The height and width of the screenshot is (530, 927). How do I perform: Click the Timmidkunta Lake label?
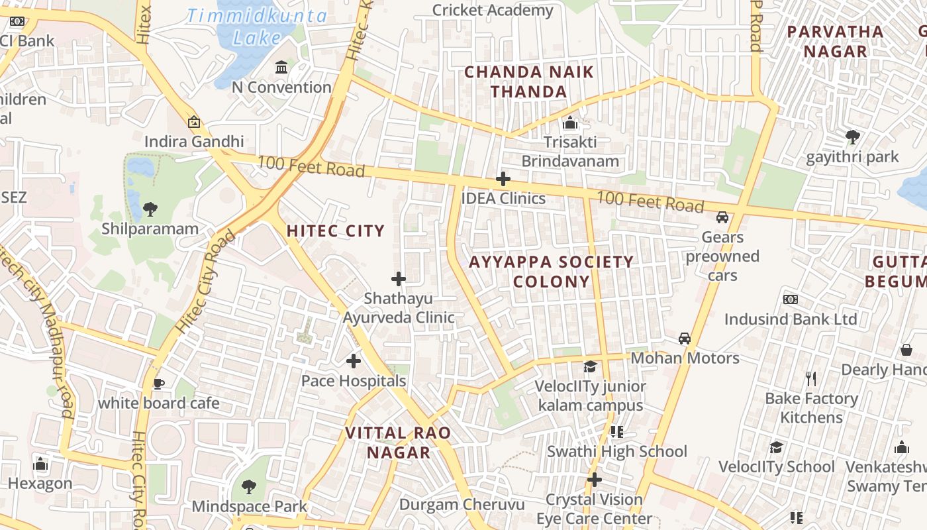point(257,26)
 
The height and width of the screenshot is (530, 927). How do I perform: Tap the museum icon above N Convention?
point(281,68)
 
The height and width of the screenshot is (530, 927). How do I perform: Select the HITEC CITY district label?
point(335,231)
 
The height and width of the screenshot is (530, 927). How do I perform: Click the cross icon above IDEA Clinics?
point(503,179)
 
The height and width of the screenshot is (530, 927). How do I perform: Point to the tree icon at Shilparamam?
point(150,209)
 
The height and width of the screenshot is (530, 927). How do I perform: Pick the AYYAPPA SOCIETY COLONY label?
point(551,272)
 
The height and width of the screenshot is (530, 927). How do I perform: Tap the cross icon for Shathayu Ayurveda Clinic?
point(399,279)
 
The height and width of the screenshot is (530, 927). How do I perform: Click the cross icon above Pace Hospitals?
point(354,361)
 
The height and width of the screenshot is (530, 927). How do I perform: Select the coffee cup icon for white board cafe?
point(158,384)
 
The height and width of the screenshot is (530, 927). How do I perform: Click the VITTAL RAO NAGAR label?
point(398,443)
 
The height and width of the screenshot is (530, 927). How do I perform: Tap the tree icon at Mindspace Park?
point(249,487)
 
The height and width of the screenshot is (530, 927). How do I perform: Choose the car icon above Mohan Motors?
point(685,339)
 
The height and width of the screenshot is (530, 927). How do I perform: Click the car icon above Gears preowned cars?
point(722,217)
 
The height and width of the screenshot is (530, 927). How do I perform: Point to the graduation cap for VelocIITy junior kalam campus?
point(589,366)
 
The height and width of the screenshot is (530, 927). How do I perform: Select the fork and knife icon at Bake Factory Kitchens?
point(811,379)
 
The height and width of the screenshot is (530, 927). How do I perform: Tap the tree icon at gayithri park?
point(853,137)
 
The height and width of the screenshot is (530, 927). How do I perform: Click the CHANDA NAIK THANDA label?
point(529,81)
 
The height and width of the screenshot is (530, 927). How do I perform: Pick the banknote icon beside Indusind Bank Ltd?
point(791,299)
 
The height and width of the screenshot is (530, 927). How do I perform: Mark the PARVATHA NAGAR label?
point(835,41)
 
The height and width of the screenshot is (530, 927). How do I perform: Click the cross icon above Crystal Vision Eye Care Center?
point(595,480)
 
